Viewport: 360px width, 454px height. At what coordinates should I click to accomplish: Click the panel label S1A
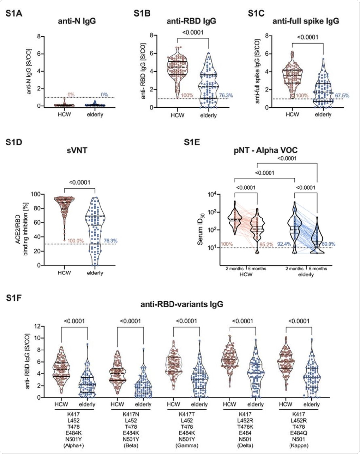[x=14, y=13]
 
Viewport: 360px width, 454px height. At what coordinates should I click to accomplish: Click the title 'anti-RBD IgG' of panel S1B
[x=191, y=21]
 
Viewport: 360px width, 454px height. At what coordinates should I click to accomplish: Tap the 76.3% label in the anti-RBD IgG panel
[x=226, y=96]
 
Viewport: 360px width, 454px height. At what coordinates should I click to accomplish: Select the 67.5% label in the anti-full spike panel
[x=342, y=96]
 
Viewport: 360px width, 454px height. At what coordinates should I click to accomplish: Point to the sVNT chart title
[x=77, y=150]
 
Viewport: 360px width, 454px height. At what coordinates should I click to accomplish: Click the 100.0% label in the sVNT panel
[x=75, y=241]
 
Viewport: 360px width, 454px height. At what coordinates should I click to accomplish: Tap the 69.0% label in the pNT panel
[x=328, y=244]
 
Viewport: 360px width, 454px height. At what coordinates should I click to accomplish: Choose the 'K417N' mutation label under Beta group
[x=130, y=414]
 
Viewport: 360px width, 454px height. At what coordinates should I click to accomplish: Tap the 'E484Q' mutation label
[x=298, y=433]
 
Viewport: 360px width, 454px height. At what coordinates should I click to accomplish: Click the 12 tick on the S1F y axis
[x=38, y=326]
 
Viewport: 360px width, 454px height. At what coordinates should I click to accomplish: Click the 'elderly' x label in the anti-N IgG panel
[x=95, y=115]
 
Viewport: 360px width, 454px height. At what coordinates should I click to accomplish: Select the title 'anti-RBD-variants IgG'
[x=182, y=304]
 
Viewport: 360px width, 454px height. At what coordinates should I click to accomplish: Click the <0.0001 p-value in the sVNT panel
[x=79, y=182]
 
